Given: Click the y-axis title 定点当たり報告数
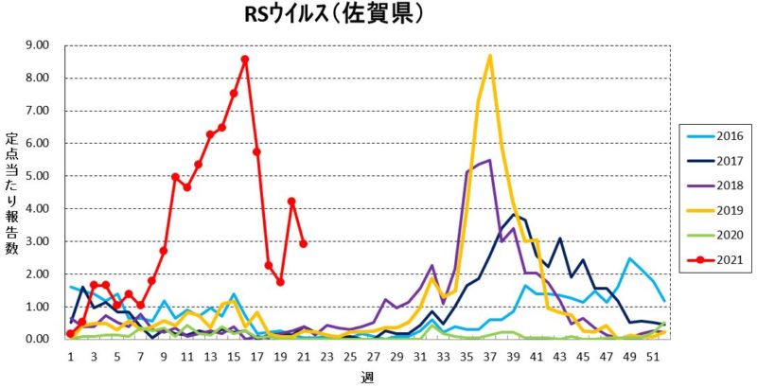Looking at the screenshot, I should pos(11,195).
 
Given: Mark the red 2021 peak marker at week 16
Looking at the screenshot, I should pos(245,59).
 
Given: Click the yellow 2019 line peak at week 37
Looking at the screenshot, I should pos(489,56).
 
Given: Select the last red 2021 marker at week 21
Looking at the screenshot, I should pos(303,243).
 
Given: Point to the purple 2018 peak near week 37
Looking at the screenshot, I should pos(489,160).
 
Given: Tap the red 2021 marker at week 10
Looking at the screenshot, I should pos(175,176).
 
